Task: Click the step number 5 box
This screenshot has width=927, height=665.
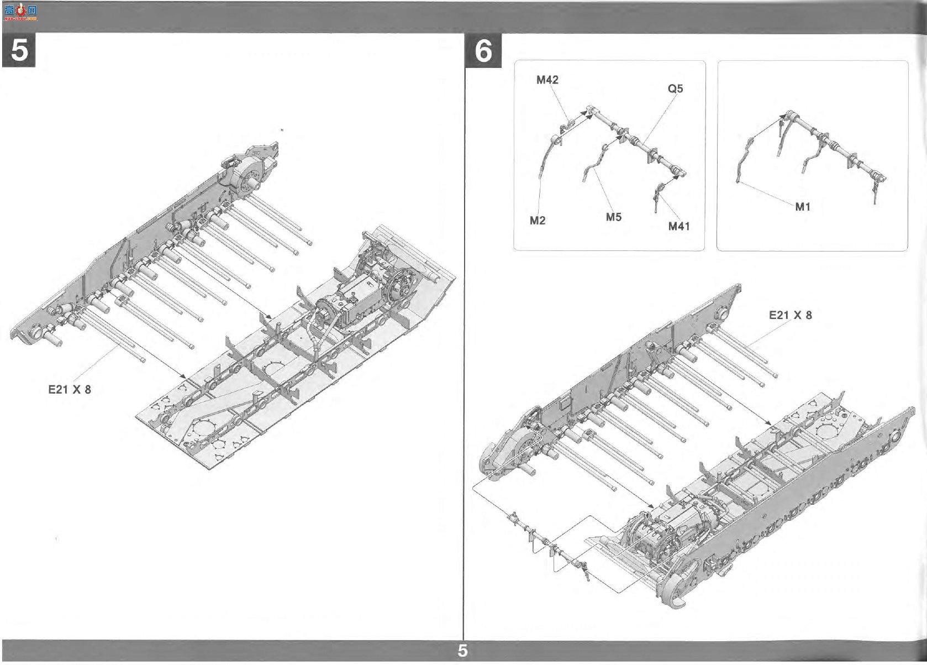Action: (19, 50)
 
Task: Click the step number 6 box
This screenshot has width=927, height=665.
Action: (483, 50)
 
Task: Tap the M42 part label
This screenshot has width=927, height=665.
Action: (547, 80)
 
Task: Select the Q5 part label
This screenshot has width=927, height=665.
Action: (675, 88)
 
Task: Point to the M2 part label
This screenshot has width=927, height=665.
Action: (537, 221)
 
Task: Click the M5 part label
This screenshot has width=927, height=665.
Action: (613, 217)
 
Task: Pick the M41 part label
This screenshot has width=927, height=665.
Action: (679, 226)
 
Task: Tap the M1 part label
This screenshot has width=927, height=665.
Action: (803, 207)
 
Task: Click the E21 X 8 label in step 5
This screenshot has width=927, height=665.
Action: (70, 389)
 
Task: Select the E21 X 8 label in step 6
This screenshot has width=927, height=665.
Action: (790, 315)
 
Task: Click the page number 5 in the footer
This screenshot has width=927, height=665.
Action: (463, 651)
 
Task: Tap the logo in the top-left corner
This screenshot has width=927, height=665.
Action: (20, 12)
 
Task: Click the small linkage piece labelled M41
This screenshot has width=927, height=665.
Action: (657, 198)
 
